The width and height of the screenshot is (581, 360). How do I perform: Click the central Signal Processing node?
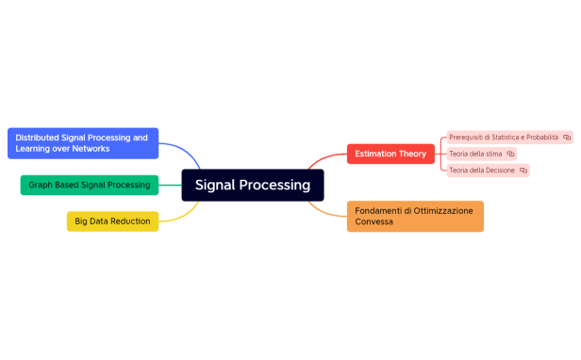[253, 185]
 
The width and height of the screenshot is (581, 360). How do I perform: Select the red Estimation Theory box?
[390, 154]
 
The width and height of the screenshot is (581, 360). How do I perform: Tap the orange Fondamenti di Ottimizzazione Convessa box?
[415, 216]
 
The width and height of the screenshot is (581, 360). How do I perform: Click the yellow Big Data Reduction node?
[111, 221]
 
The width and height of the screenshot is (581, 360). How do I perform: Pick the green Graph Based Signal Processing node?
[89, 185]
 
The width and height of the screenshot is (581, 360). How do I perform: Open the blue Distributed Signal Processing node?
[82, 143]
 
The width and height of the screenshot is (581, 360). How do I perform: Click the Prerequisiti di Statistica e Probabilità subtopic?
[504, 137]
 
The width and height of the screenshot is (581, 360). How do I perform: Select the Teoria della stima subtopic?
[475, 154]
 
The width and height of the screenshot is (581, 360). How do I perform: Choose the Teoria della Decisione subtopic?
[481, 171]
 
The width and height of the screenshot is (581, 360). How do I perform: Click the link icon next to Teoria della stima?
[510, 154]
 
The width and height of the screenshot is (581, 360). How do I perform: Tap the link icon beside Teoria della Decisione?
[523, 171]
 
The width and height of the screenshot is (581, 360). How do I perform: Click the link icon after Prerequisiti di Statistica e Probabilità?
[567, 137]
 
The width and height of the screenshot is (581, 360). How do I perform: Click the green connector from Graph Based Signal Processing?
[170, 185]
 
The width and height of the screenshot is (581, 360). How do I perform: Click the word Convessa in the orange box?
[374, 222]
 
